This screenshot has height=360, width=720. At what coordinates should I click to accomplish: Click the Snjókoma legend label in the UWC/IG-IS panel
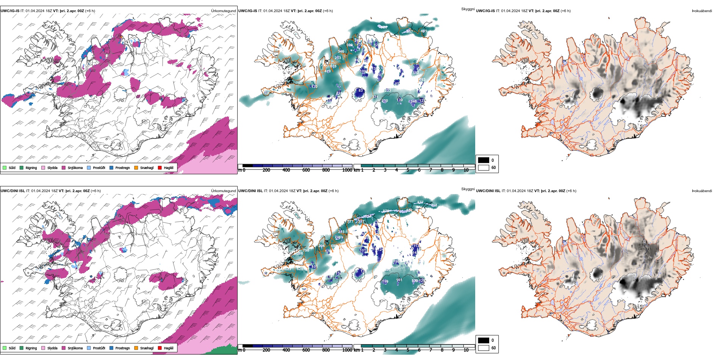pyautogui.click(x=75, y=168)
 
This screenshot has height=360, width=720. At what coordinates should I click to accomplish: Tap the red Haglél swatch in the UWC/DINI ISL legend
pyautogui.click(x=160, y=348)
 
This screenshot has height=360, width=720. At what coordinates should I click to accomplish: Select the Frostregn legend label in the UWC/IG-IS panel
pyautogui.click(x=122, y=168)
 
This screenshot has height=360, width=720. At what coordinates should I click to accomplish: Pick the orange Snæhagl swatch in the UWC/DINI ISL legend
pyautogui.click(x=136, y=348)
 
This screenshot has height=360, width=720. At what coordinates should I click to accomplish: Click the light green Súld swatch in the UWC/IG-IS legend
pyautogui.click(x=5, y=167)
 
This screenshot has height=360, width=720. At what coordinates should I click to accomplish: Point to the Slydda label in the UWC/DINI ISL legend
pyautogui.click(x=52, y=348)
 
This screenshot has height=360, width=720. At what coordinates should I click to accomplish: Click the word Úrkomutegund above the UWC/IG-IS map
pyautogui.click(x=223, y=11)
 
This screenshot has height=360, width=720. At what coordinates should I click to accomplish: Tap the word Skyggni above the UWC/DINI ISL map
pyautogui.click(x=468, y=189)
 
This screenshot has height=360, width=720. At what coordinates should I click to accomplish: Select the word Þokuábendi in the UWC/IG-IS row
pyautogui.click(x=702, y=11)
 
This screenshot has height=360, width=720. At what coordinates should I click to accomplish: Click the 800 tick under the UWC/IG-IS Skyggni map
pyautogui.click(x=326, y=170)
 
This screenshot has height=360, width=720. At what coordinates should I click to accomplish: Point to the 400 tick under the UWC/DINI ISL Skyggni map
pyautogui.click(x=286, y=350)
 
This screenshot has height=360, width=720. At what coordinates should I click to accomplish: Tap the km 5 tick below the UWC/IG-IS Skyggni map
pyautogui.click(x=408, y=170)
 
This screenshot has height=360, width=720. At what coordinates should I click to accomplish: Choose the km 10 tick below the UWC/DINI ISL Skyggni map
pyautogui.click(x=466, y=350)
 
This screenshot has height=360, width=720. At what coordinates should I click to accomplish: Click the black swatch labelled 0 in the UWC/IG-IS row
pyautogui.click(x=484, y=160)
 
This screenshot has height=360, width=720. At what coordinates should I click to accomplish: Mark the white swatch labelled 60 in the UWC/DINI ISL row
pyautogui.click(x=484, y=348)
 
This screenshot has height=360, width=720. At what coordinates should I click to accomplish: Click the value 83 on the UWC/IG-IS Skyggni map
pyautogui.click(x=361, y=91)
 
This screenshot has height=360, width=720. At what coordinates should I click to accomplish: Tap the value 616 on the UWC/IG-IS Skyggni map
pyautogui.click(x=333, y=66)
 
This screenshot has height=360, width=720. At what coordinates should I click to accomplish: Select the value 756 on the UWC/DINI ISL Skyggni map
pyautogui.click(x=306, y=250)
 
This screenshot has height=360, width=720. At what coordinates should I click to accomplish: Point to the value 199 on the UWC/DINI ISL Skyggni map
pyautogui.click(x=385, y=282)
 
